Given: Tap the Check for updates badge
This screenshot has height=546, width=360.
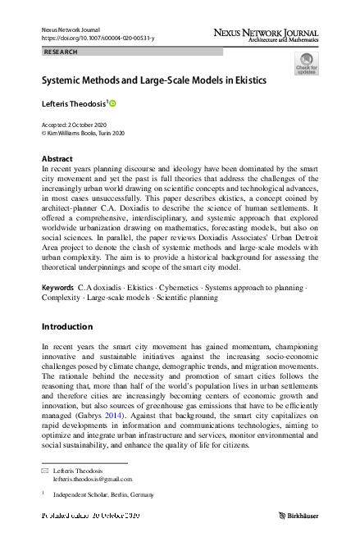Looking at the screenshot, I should [x=306, y=64].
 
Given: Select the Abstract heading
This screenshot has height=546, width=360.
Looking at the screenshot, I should [x=58, y=157].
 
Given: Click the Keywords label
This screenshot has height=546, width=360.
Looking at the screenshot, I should [x=57, y=289].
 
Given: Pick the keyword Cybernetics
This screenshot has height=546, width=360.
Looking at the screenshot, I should [x=181, y=289].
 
